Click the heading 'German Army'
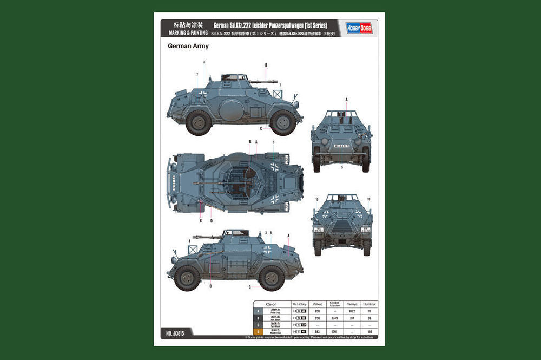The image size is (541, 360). click(x=188, y=47)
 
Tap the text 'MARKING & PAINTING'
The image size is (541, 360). click(x=184, y=33)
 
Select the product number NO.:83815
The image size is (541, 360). click(x=173, y=334)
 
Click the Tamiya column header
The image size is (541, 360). click(x=352, y=305)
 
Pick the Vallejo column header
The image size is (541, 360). click(x=318, y=305)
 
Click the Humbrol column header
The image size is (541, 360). click(x=370, y=305)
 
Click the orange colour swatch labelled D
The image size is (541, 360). click(x=259, y=331)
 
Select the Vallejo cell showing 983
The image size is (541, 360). click(x=318, y=331)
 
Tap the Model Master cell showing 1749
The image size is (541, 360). click(x=334, y=318)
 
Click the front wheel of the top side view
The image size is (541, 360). click(x=283, y=123)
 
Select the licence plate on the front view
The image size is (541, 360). click(x=342, y=146)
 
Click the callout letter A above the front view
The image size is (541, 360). click(x=346, y=100)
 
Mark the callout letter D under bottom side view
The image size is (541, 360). click(x=210, y=286)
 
